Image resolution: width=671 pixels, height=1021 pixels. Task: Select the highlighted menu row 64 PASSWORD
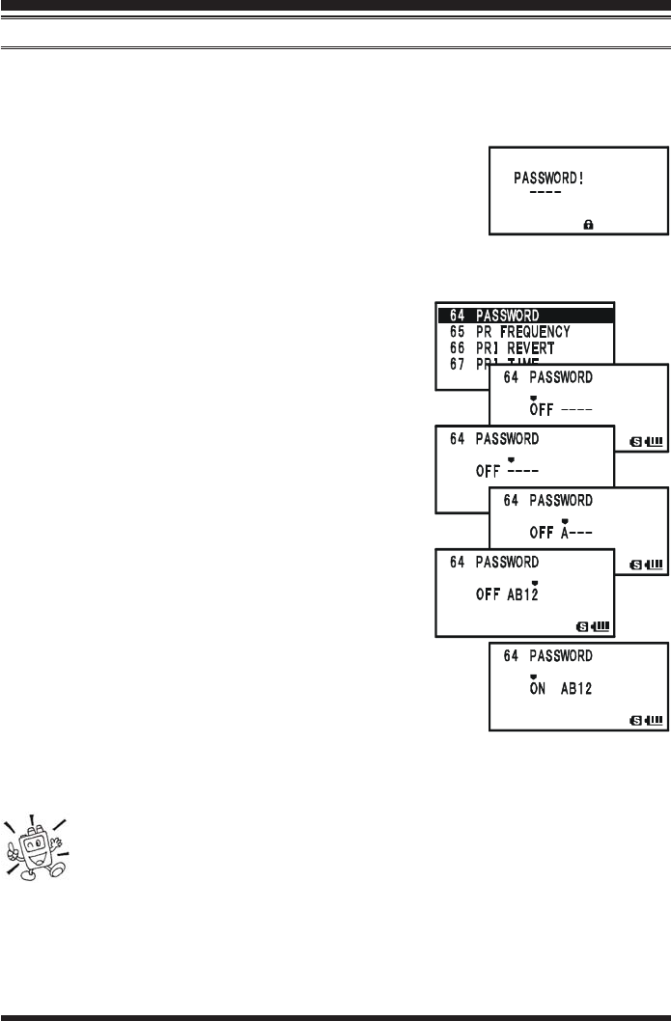(525, 315)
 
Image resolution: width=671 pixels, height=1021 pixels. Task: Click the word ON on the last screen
(539, 690)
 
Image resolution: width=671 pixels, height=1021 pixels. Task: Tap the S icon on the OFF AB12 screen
(582, 624)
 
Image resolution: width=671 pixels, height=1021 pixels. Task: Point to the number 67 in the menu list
(459, 362)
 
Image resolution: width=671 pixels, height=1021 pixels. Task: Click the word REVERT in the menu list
(531, 345)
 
